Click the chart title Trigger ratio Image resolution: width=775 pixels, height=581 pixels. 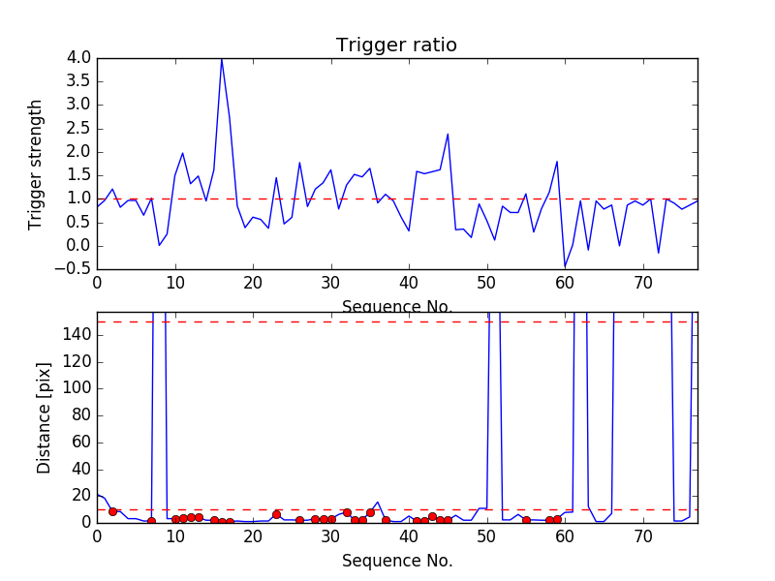pos(396,46)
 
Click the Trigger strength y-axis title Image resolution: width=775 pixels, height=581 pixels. pos(36,164)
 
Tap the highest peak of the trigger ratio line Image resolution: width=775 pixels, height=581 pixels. pos(222,59)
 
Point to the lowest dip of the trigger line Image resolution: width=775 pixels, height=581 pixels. pos(565,266)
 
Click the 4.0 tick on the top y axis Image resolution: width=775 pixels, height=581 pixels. pos(79,58)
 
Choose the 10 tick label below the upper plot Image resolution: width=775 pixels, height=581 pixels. pos(175,284)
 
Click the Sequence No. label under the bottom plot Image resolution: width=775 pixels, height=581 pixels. pos(397,561)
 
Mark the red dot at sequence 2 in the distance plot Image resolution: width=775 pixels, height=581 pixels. pos(112,511)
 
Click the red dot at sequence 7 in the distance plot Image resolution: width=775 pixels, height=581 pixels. pos(151,521)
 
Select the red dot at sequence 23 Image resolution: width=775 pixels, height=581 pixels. pos(276,514)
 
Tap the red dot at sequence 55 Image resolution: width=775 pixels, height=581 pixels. pos(526,520)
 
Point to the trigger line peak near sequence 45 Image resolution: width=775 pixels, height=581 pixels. pos(448,134)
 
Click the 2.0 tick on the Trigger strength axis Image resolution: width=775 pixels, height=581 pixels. pos(79,152)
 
